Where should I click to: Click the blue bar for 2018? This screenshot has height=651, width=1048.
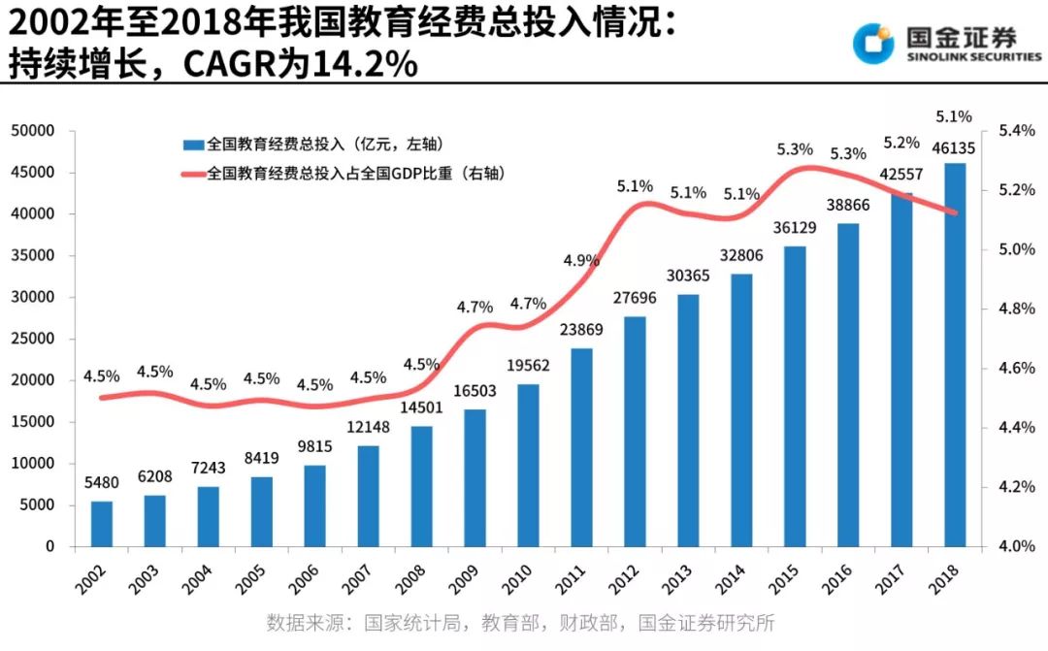(x=955, y=354)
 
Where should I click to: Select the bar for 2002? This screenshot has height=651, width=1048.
(x=102, y=523)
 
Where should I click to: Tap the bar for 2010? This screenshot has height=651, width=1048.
(x=528, y=465)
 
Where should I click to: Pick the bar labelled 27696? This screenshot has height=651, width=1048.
(x=635, y=431)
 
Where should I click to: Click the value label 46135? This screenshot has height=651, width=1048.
(x=955, y=148)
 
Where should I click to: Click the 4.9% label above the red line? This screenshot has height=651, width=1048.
(x=582, y=260)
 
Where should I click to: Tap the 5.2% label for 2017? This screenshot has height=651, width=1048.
(x=901, y=143)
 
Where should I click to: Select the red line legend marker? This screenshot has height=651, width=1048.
(x=191, y=174)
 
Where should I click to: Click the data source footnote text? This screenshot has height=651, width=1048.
(x=521, y=623)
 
